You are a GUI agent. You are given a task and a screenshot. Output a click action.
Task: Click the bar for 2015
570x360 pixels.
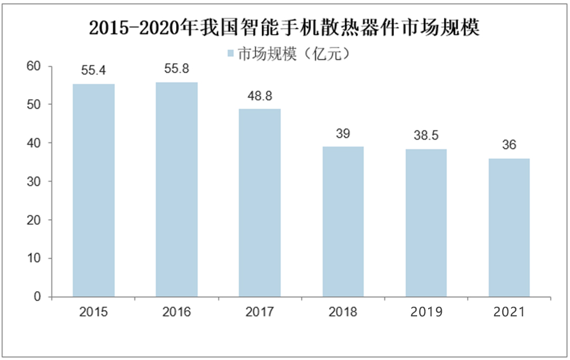coord(94,190)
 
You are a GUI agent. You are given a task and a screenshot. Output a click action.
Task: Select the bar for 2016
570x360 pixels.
coord(177,189)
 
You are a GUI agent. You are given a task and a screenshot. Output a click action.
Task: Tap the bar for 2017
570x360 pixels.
coord(260,203)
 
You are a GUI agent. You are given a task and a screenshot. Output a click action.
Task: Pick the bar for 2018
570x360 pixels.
coord(343,222)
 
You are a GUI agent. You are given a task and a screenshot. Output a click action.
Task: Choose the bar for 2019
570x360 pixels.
coord(426,223)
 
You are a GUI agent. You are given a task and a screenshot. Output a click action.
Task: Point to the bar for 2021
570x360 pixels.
coord(509,228)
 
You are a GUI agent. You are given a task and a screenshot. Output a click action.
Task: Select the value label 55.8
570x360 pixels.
coord(177,69)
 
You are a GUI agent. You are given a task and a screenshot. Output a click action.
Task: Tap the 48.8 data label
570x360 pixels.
coord(260,96)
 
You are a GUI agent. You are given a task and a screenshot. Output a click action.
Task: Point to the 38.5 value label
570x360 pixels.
coord(426,136)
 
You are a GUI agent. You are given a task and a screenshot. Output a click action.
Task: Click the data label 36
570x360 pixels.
coord(509,146)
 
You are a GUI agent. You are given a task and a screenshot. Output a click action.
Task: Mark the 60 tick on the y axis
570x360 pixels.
coord(34,66)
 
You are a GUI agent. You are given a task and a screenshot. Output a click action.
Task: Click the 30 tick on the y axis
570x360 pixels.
coord(34,181)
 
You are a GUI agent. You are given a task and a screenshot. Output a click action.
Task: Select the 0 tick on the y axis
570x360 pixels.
coord(37,297)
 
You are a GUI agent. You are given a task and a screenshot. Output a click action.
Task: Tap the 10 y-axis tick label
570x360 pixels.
coord(34,259)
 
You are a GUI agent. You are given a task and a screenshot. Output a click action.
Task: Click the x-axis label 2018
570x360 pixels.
coord(343,312)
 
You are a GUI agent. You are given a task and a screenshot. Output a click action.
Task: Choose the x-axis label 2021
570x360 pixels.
coord(509,312)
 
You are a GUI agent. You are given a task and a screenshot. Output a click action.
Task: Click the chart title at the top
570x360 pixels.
coord(284,28)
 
